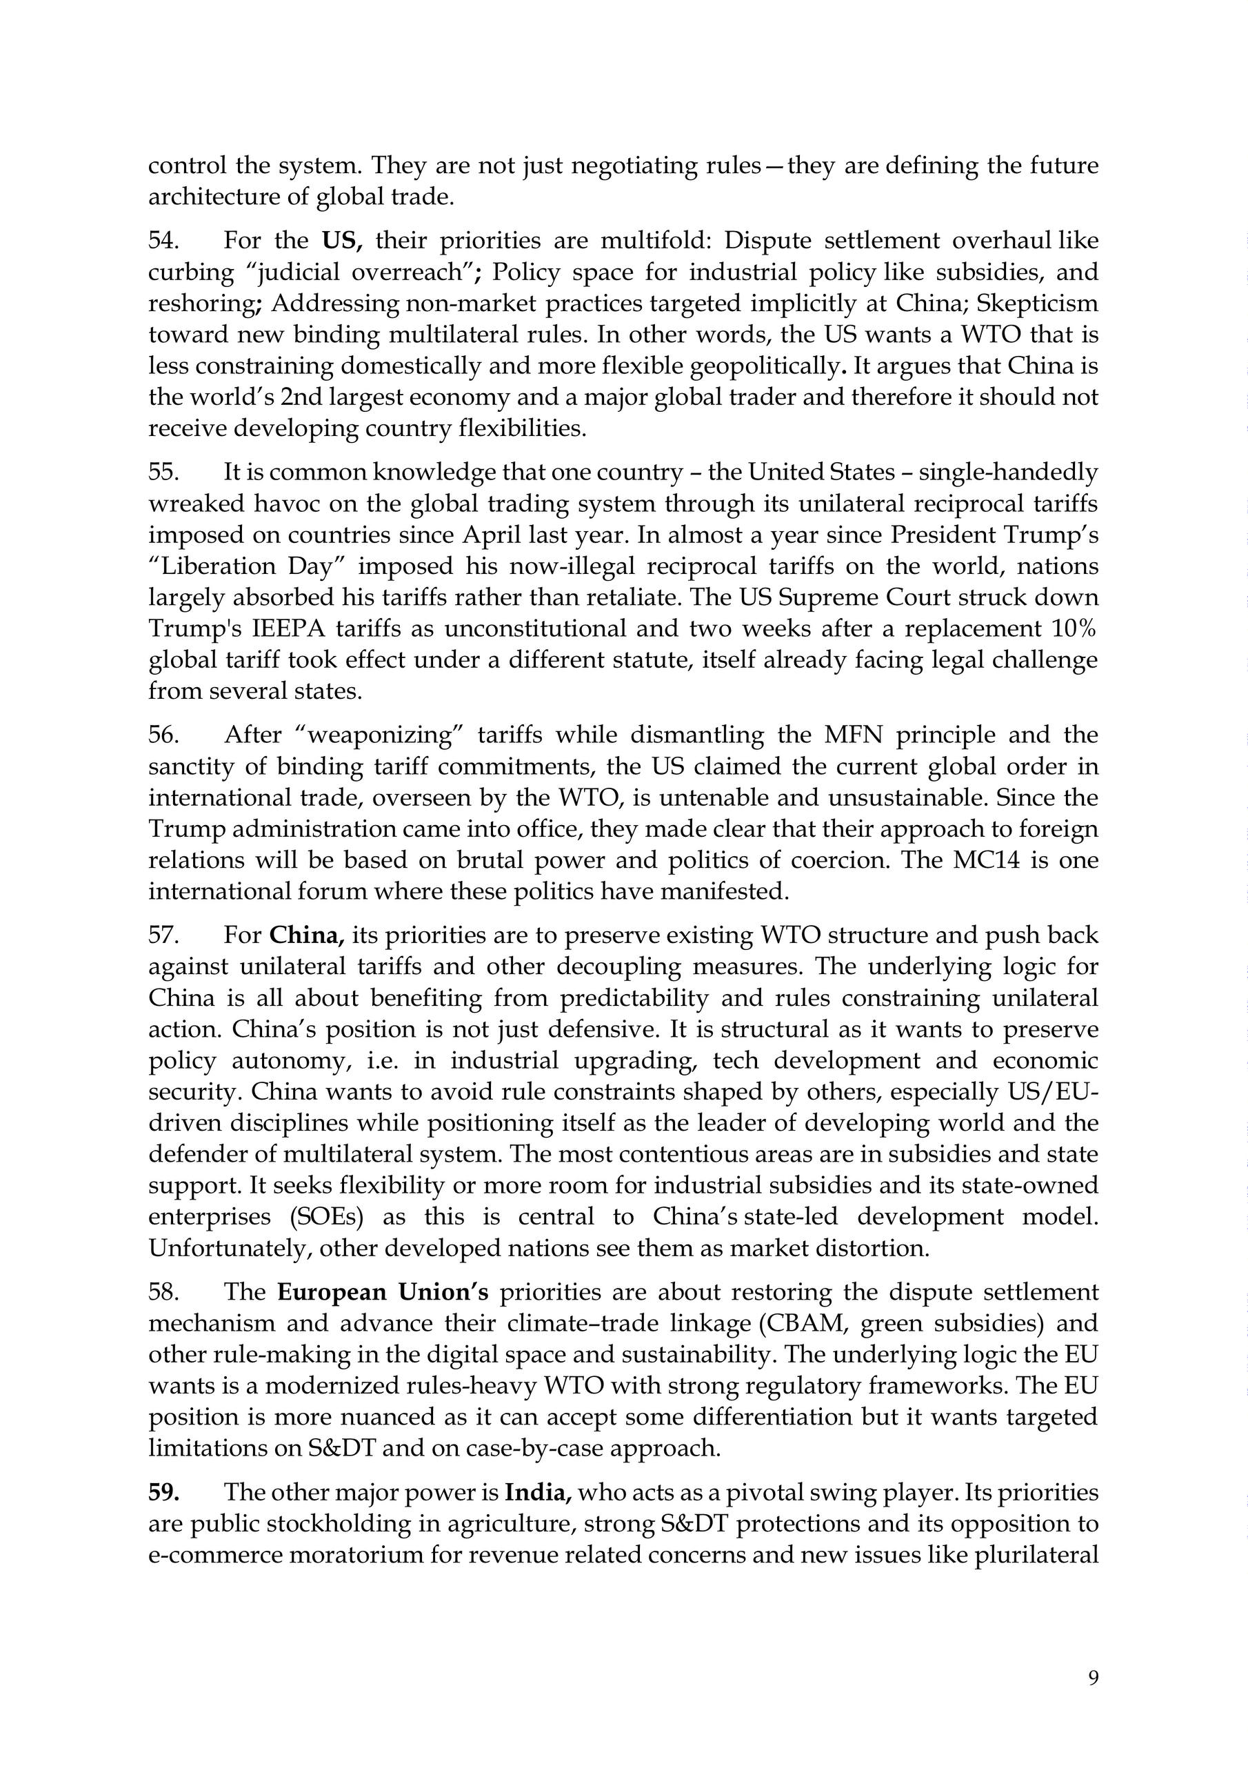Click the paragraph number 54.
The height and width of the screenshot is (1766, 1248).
[x=163, y=241]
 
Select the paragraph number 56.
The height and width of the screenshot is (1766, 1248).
[x=163, y=735]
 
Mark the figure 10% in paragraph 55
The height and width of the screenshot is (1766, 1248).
[x=1074, y=628]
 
